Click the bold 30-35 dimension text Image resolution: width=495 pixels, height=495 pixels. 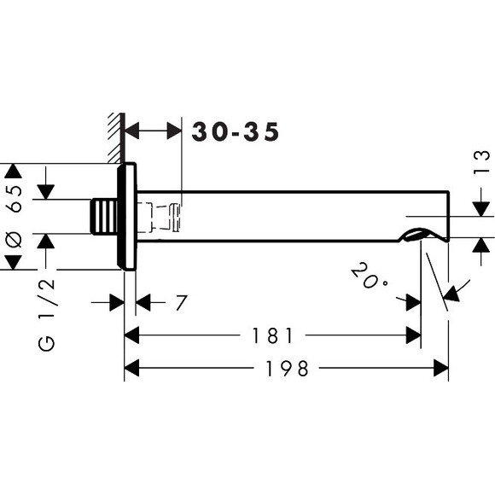[236, 131]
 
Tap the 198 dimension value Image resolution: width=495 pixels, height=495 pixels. [287, 369]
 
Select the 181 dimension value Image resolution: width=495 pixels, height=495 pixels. [273, 335]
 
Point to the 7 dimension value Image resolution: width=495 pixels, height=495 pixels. [182, 302]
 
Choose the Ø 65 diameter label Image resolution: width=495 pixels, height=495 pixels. [15, 216]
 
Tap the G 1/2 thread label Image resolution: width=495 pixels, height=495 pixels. [46, 315]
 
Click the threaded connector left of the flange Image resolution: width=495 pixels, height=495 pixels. [104, 217]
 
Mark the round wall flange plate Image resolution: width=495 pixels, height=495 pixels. [127, 217]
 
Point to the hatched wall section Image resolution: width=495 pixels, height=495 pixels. [114, 138]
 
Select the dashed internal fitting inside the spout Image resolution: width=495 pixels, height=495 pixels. [160, 218]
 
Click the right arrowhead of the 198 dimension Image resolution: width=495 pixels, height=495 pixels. [441, 368]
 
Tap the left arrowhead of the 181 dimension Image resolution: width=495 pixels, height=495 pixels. [131, 335]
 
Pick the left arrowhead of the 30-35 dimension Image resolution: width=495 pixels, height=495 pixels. [132, 131]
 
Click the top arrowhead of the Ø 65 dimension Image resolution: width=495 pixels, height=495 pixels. [13, 171]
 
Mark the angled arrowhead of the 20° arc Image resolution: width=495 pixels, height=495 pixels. [451, 294]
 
